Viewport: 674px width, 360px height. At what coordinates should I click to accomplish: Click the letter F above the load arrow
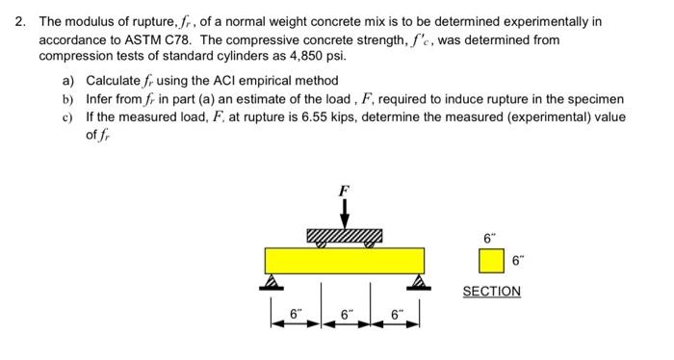click(x=343, y=192)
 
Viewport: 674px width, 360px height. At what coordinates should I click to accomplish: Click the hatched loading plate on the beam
click(x=344, y=236)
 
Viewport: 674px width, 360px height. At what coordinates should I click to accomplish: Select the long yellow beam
click(x=344, y=261)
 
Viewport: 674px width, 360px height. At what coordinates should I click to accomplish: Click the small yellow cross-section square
click(x=491, y=261)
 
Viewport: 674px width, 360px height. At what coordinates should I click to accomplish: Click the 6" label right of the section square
click(x=518, y=260)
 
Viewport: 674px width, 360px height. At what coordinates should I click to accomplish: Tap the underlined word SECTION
click(x=491, y=291)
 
